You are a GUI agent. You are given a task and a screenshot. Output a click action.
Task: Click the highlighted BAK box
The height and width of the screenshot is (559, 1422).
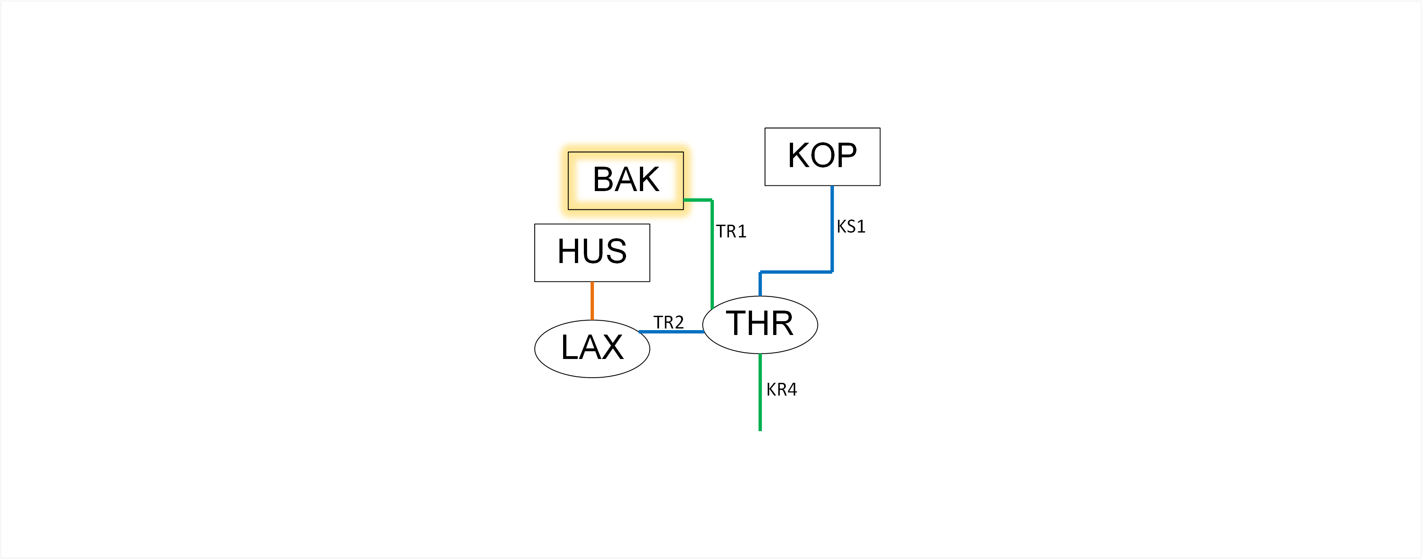click(x=625, y=181)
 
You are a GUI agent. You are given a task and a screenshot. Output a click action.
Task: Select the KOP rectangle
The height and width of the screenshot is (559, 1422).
click(x=822, y=157)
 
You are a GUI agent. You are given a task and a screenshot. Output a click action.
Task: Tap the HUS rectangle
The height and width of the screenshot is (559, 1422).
click(x=592, y=252)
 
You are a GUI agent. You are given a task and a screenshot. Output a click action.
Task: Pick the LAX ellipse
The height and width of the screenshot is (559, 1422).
click(x=592, y=348)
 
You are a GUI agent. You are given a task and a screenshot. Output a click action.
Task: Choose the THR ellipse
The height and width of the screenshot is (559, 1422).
click(x=760, y=325)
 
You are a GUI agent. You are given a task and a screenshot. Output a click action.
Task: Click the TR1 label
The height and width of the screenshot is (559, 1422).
click(x=731, y=231)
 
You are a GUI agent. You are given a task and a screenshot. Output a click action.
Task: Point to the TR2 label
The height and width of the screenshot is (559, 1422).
click(x=668, y=322)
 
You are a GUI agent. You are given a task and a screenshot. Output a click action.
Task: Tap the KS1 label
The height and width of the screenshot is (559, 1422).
click(x=851, y=226)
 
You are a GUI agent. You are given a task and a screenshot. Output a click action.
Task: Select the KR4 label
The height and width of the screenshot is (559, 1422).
click(x=781, y=389)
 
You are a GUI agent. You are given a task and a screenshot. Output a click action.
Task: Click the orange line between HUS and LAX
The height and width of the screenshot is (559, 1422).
click(x=592, y=300)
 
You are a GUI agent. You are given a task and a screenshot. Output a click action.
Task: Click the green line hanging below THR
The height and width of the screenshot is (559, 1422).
click(x=760, y=392)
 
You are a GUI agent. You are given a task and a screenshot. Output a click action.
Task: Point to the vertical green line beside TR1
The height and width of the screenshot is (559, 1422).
click(x=713, y=254)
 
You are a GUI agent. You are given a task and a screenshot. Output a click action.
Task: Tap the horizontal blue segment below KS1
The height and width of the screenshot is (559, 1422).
click(x=796, y=272)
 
